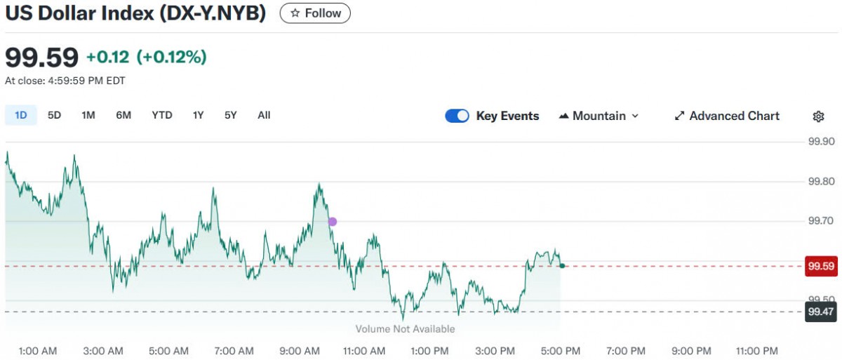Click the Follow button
tap(315, 13)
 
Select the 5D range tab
tap(54, 115)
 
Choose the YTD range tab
tap(162, 115)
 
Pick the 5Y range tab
tap(231, 115)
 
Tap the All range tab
tap(264, 115)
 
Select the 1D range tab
tap(21, 115)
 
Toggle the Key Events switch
tap(457, 116)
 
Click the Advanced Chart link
tap(726, 116)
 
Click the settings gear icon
tap(818, 116)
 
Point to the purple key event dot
tap(333, 222)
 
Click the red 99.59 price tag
tap(821, 267)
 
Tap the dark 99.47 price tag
tap(821, 312)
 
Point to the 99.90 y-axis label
tap(820, 142)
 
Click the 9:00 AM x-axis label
tap(300, 351)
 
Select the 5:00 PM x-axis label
tap(561, 351)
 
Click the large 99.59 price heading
tap(41, 57)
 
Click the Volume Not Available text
tap(405, 329)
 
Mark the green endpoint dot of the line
tap(562, 265)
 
